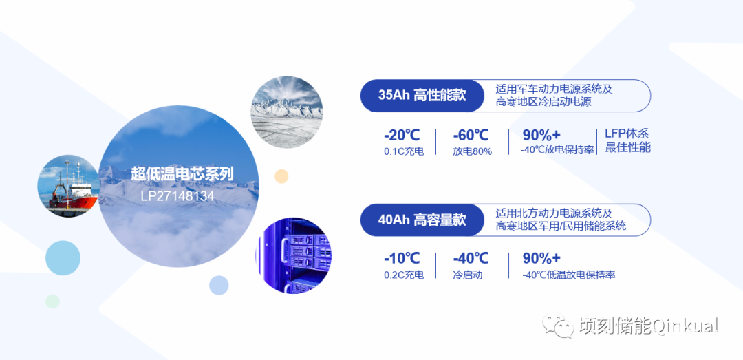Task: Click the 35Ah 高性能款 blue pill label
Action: pos(422,96)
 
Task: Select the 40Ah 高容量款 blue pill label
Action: pos(422,220)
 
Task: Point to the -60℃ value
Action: pos(471,135)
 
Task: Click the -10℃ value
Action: pos(402,259)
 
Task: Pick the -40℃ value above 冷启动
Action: pos(471,259)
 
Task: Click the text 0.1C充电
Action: pos(404,151)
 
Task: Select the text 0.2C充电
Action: pos(404,275)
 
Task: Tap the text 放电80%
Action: pos(472,151)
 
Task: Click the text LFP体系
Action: pos(627,134)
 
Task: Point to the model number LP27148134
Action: pos(177,196)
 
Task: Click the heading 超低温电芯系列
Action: pos(182,174)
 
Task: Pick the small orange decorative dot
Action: pos(281,176)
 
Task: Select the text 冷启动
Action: pos(468,275)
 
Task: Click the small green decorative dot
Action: pos(52,301)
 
